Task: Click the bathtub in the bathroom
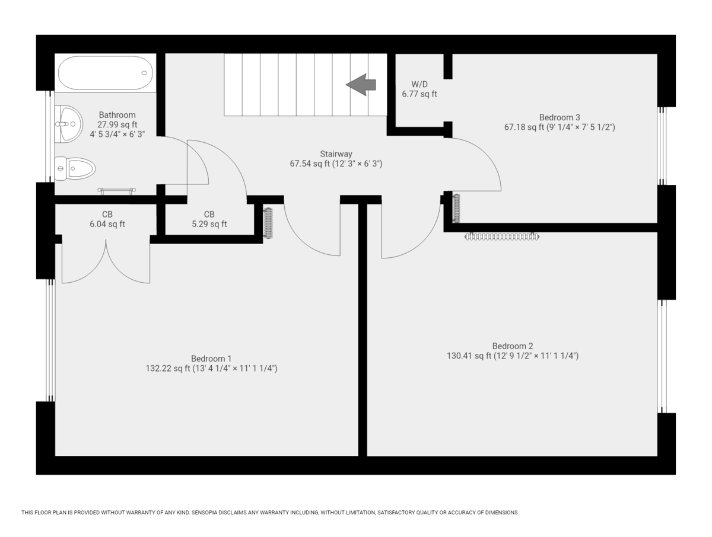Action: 105,73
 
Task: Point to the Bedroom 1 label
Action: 211,359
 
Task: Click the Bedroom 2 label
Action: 513,346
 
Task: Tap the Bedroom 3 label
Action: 560,117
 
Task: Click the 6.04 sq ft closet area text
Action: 107,224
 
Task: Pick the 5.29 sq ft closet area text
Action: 209,224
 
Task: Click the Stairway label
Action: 336,154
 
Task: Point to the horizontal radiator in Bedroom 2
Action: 502,236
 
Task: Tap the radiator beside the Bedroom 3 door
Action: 456,208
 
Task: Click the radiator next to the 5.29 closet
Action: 268,223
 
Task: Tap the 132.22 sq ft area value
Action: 168,369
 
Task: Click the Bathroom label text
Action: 117,115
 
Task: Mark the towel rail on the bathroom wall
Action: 117,190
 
